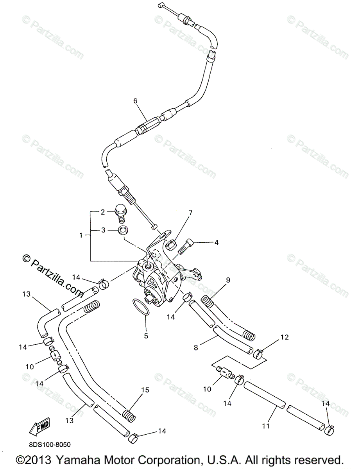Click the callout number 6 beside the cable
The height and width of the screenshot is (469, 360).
(135, 101)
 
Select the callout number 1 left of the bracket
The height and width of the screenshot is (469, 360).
(81, 235)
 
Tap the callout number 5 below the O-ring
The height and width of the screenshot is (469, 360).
(146, 335)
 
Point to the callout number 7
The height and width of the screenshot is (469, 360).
(190, 213)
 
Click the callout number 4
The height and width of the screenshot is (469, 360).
(216, 242)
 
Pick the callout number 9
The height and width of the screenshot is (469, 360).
(228, 280)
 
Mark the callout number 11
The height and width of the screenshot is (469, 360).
(266, 426)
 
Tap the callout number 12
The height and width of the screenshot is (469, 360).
(284, 337)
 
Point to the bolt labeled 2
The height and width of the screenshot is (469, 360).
(120, 211)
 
